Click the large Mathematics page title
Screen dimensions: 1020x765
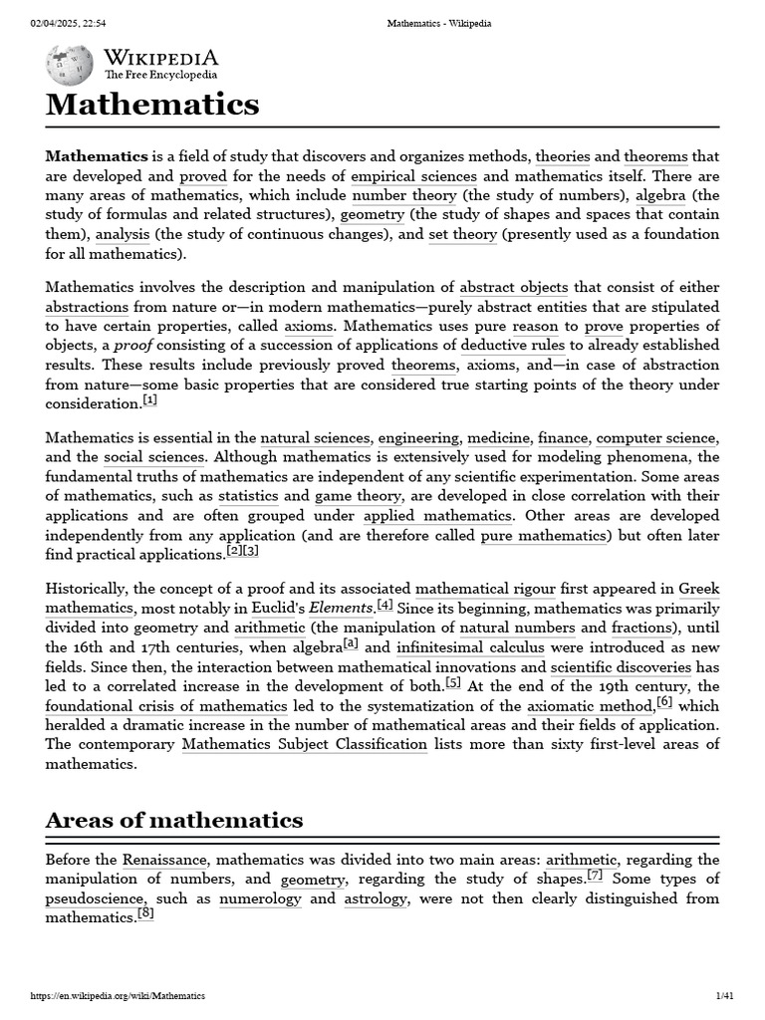152,104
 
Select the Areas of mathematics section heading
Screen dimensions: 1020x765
174,820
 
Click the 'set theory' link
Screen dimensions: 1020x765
462,234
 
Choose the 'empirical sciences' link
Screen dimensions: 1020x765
413,176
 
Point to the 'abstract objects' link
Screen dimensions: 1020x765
515,287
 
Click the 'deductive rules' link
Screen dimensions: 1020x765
512,346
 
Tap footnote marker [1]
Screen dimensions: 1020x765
149,400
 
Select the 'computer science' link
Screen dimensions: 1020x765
656,437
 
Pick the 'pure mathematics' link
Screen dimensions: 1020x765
543,535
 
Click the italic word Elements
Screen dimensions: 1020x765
340,608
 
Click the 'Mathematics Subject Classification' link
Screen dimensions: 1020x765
305,744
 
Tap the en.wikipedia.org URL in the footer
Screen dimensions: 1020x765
118,996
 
